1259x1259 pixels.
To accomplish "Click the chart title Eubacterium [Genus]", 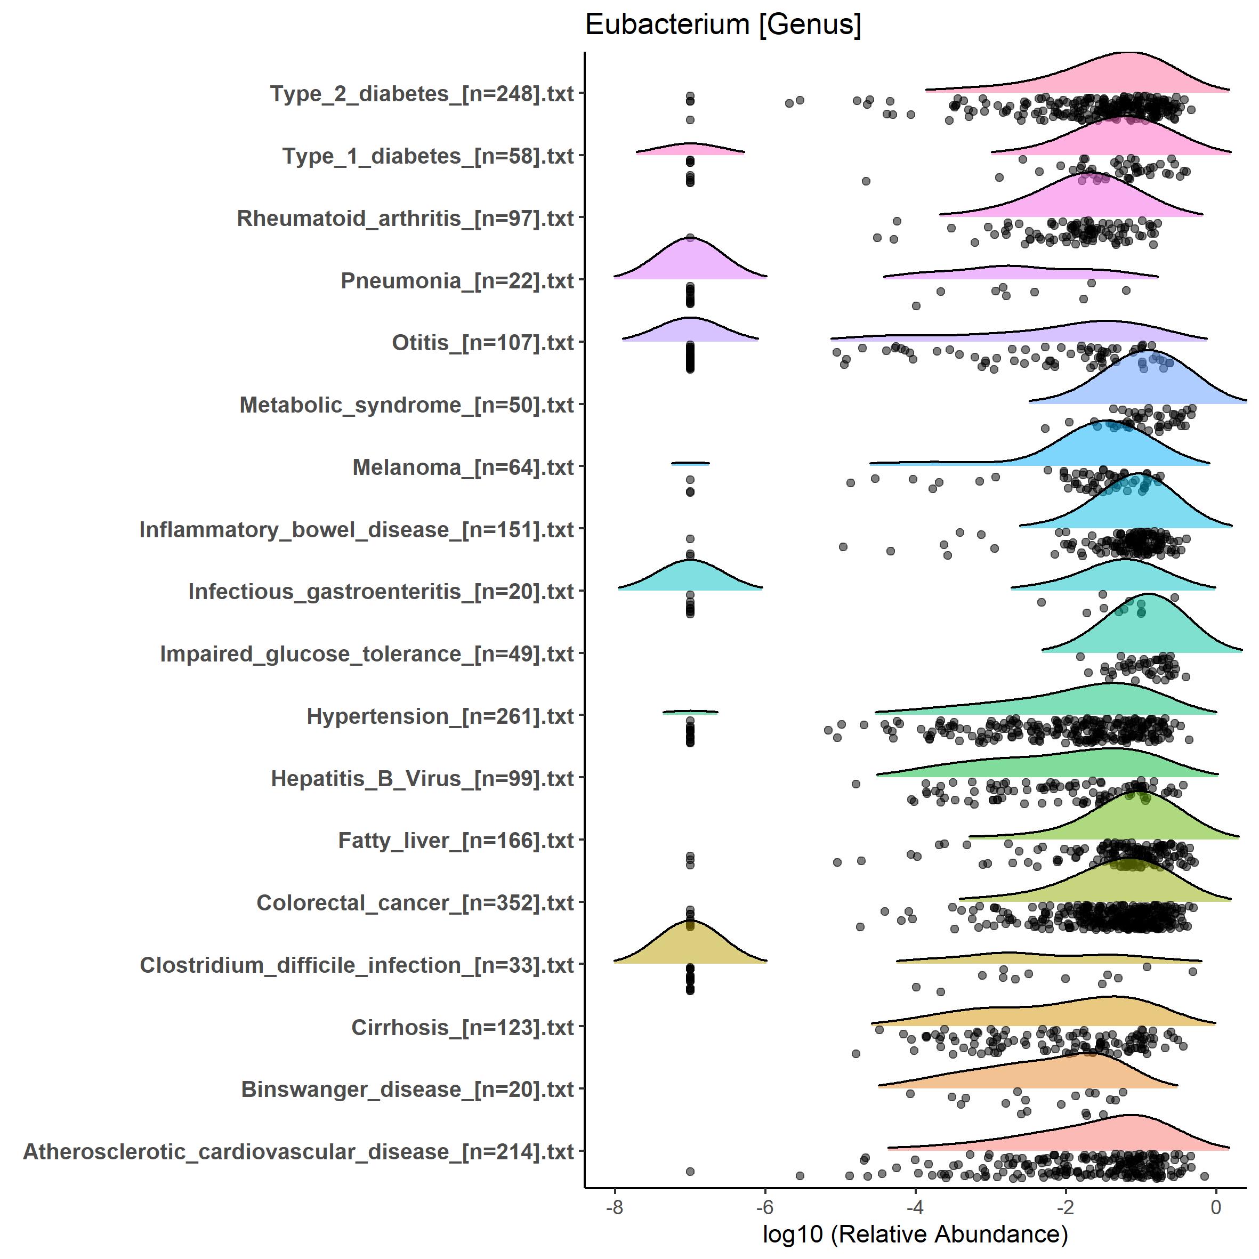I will coord(723,25).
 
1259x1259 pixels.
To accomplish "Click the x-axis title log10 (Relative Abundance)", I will coord(915,1233).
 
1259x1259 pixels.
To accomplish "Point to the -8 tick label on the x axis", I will coord(614,1207).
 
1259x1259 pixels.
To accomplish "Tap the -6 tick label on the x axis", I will coord(764,1207).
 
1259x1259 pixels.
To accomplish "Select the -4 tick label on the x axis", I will coord(915,1207).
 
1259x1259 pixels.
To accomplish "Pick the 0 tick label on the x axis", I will coord(1215,1207).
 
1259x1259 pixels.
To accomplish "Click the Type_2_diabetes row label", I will coord(422,94).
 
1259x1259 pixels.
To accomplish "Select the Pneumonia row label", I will coord(457,281).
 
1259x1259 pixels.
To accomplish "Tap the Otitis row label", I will coord(482,343).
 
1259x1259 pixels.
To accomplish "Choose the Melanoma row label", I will coord(463,467).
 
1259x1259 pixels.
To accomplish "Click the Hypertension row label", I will coord(440,716).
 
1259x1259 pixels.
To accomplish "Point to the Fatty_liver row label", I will coord(456,841).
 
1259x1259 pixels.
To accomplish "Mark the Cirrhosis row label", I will coord(462,1028).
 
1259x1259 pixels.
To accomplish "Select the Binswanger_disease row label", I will coord(407,1089).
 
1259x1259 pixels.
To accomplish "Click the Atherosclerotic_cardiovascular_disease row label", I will coord(298,1152).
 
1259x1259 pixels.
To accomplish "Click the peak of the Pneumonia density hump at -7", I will coord(689,238).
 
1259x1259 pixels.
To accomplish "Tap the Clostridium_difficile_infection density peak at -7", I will coord(689,921).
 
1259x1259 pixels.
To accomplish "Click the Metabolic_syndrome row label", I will coord(407,405).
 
